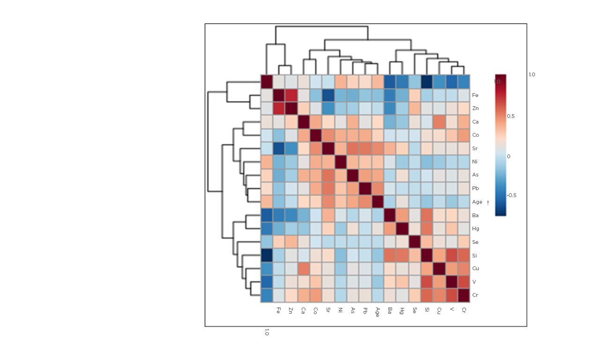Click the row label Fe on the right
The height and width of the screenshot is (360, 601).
475,95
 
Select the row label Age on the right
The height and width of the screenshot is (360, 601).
477,202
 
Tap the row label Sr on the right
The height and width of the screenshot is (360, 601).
475,148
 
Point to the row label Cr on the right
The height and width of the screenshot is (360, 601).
475,295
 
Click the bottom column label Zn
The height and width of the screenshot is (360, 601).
291,310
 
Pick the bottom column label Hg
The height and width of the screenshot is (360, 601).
402,310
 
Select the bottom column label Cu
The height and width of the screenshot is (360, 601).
439,310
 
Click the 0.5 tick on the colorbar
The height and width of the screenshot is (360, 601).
511,116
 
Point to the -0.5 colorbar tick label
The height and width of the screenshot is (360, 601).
512,196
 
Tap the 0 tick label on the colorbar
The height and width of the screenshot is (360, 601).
509,156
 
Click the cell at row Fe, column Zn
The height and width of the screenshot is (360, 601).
291,95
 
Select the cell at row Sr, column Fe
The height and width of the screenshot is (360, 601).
279,148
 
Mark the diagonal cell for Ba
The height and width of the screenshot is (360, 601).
390,215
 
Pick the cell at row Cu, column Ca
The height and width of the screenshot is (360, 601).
304,269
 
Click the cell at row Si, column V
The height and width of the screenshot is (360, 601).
452,256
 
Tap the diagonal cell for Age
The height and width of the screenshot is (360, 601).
378,202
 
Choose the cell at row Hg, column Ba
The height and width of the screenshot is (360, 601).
390,228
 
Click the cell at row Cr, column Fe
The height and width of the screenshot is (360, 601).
279,295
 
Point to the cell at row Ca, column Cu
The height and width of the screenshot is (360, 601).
439,122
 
